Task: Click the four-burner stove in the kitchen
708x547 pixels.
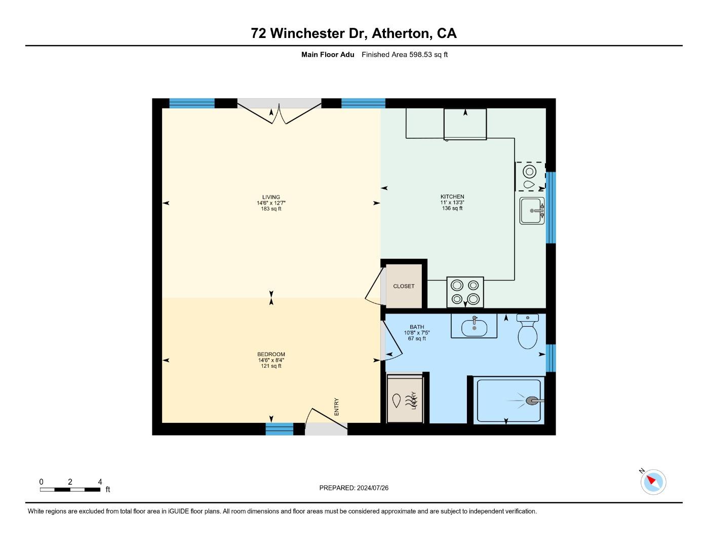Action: tap(465, 292)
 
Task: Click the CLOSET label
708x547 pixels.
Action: tap(404, 286)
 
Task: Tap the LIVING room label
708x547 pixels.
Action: tap(271, 198)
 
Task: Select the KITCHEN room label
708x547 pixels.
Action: tap(452, 197)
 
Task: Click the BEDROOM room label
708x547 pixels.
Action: tap(271, 355)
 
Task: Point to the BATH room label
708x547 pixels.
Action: tap(417, 327)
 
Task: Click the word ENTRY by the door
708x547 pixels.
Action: tap(337, 407)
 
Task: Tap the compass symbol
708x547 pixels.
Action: tap(653, 482)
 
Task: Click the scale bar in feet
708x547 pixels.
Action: tap(70, 489)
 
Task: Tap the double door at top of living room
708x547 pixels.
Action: tap(279, 110)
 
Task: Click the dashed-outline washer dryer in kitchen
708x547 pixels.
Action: tap(530, 176)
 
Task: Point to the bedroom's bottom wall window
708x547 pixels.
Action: tap(280, 429)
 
